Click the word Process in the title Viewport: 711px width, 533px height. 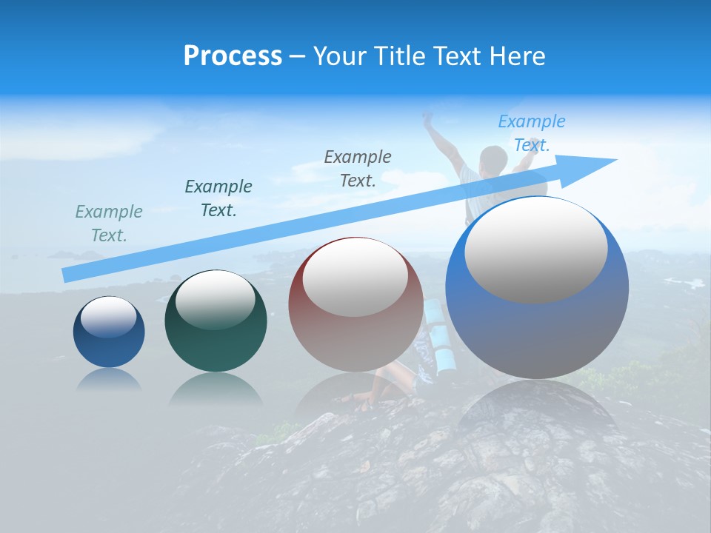pyautogui.click(x=233, y=56)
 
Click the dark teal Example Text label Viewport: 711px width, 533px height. pyautogui.click(x=218, y=198)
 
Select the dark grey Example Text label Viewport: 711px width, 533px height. pyautogui.click(x=358, y=168)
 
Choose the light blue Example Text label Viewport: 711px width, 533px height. pyautogui.click(x=532, y=133)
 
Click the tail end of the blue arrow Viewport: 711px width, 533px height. pyautogui.click(x=67, y=275)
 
